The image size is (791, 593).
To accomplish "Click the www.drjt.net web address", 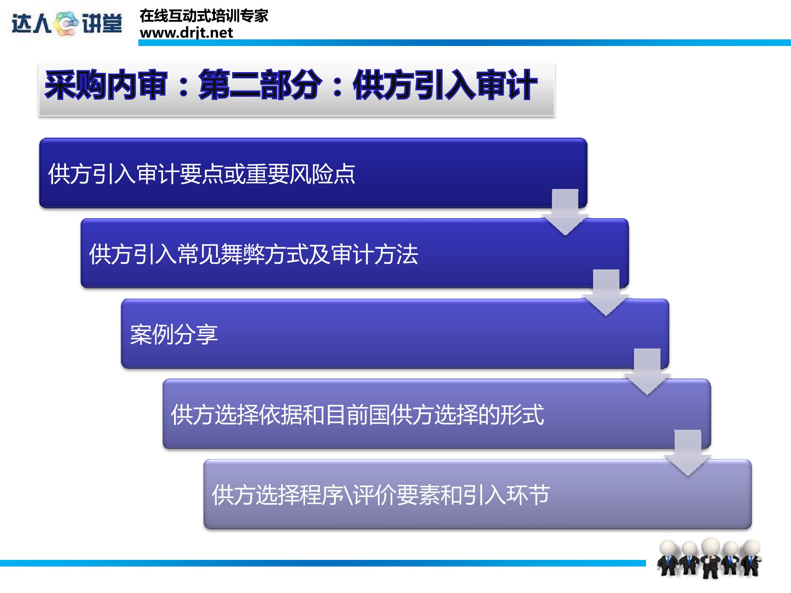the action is click(186, 33).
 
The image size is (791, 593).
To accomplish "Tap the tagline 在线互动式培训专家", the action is click(204, 16).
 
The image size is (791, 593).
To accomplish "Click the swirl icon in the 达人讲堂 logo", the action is click(66, 24).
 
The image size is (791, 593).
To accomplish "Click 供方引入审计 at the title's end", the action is click(445, 85).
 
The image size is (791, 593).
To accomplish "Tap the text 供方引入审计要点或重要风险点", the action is click(202, 174).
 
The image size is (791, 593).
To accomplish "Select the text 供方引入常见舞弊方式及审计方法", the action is click(254, 254).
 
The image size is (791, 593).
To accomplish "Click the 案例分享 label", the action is click(174, 334).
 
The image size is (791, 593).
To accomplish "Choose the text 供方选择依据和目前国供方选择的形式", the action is click(357, 415).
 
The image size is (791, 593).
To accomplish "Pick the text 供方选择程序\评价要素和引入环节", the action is click(381, 495).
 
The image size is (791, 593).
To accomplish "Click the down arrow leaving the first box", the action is click(565, 212).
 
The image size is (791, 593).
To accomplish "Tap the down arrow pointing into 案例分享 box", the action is click(606, 292).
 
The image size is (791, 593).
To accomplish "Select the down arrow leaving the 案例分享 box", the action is click(647, 372).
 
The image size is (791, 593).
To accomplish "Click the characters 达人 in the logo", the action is click(31, 24).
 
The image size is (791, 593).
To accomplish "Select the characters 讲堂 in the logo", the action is click(102, 24).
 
